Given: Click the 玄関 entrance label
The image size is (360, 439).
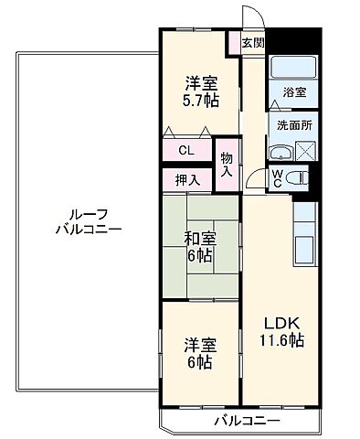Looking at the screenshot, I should [x=253, y=41].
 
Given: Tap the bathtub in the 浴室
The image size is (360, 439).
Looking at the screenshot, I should [x=291, y=70].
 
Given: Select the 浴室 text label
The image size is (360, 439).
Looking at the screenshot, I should [x=293, y=93].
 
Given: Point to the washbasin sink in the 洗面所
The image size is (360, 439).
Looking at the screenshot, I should [x=280, y=154].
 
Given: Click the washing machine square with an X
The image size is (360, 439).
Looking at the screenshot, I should [x=305, y=154].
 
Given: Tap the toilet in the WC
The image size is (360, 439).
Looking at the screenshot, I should [x=297, y=178].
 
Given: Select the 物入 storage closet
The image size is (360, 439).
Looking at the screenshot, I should [x=227, y=164].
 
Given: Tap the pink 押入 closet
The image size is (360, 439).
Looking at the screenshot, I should [x=187, y=180].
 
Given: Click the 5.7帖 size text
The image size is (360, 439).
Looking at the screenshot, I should [x=199, y=101].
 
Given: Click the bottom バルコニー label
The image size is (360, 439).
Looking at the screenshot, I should [x=247, y=422].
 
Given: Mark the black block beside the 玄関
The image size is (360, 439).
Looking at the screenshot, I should [x=294, y=41].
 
